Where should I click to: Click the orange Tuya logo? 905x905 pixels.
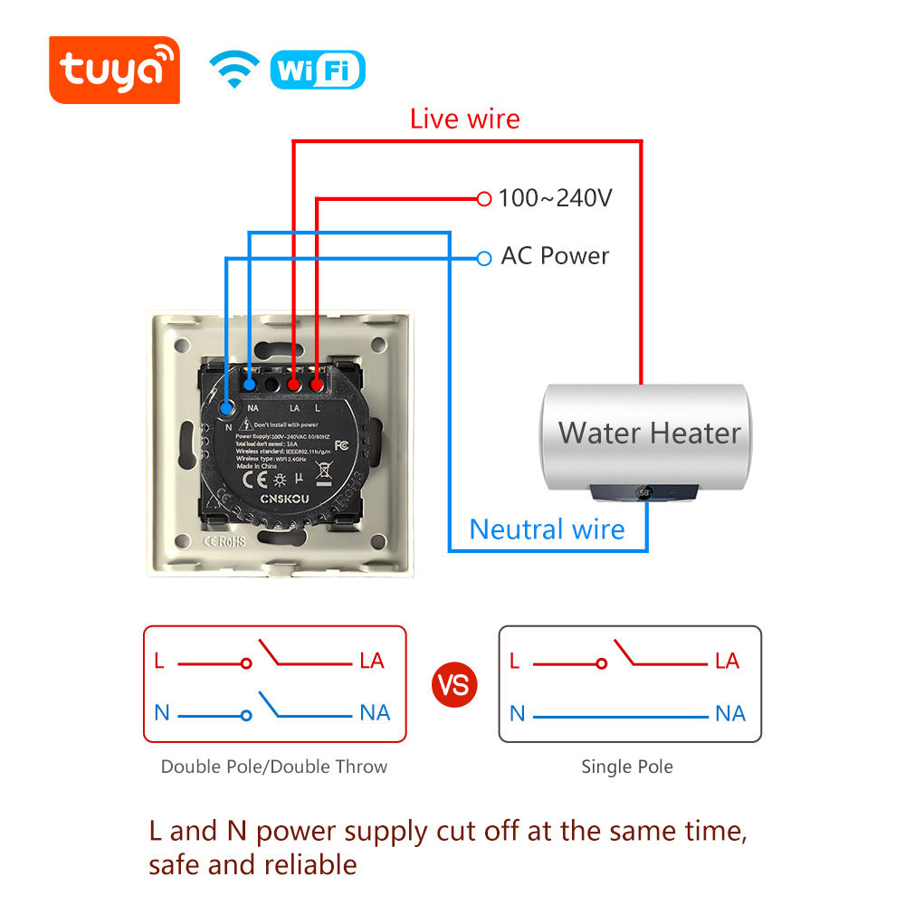point(114,70)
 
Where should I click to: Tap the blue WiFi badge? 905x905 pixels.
point(317,71)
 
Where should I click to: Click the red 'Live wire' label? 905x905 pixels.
point(464,119)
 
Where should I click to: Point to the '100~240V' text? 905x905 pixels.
point(555,197)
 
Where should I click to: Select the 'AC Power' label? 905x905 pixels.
point(555,256)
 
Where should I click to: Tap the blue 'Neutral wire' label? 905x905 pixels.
point(547,529)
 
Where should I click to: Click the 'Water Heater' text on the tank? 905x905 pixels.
point(649,433)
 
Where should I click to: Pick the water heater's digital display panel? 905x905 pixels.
point(646,493)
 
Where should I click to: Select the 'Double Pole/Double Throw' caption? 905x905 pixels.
point(273,767)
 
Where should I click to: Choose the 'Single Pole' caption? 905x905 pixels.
point(626,767)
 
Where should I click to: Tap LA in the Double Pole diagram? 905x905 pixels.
point(372,661)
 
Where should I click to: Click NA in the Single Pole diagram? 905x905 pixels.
point(729,714)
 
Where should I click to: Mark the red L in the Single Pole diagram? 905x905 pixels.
point(514,661)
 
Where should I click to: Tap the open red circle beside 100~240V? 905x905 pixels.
point(483,197)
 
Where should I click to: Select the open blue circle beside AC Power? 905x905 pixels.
point(483,259)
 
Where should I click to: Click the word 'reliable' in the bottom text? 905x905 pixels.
point(310,864)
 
